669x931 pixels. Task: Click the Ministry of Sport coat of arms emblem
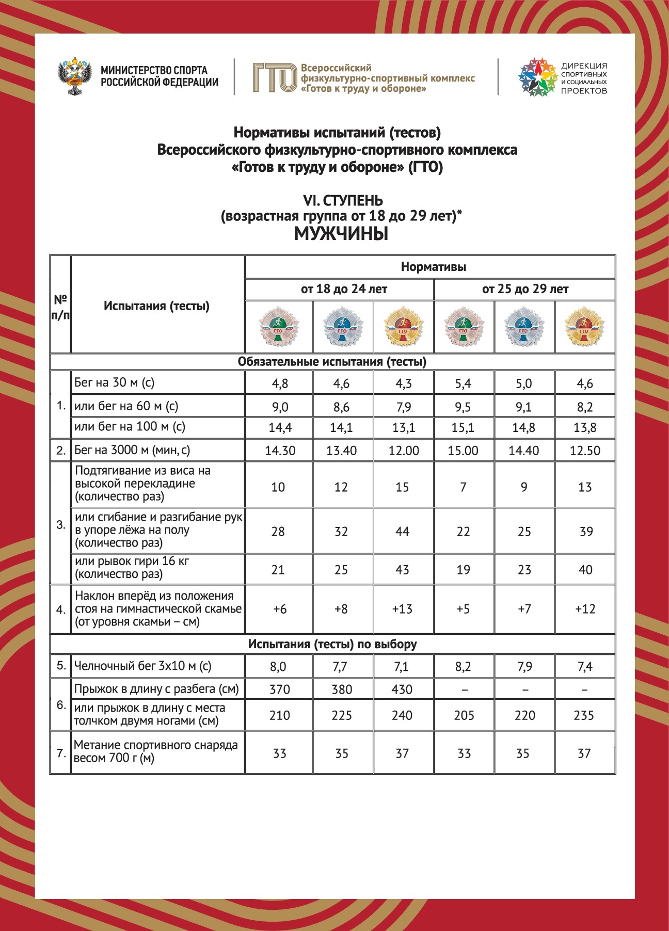pyautogui.click(x=75, y=77)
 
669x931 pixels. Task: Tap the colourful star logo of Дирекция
pyautogui.click(x=537, y=77)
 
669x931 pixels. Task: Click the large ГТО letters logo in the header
pyautogui.click(x=275, y=78)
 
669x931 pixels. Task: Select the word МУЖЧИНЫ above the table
pyautogui.click(x=341, y=234)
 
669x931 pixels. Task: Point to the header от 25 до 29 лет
pyautogui.click(x=525, y=289)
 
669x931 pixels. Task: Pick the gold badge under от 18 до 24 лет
pyautogui.click(x=403, y=327)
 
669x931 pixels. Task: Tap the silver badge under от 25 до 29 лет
pyautogui.click(x=524, y=327)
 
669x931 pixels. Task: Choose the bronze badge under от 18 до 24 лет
pyautogui.click(x=279, y=327)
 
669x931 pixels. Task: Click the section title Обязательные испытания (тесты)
pyautogui.click(x=332, y=362)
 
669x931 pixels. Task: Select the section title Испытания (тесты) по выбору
pyautogui.click(x=332, y=644)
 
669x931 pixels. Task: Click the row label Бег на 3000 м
pyautogui.click(x=132, y=450)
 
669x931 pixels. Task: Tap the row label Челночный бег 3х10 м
pyautogui.click(x=142, y=666)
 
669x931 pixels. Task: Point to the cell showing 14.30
pyautogui.click(x=280, y=451)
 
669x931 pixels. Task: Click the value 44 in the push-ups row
pyautogui.click(x=402, y=532)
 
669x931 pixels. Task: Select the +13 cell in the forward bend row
pyautogui.click(x=402, y=609)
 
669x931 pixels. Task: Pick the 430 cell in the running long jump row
pyautogui.click(x=402, y=689)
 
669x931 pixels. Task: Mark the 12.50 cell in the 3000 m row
pyautogui.click(x=585, y=451)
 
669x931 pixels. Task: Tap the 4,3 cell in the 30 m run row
pyautogui.click(x=403, y=383)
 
